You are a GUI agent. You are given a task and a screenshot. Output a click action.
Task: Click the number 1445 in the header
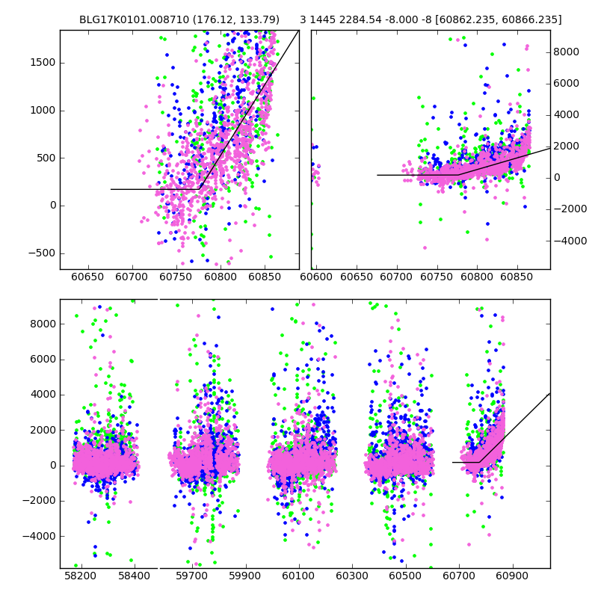(324, 19)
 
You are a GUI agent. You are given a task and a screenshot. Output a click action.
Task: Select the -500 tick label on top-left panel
(40, 253)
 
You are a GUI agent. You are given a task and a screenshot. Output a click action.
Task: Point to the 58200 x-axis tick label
(80, 577)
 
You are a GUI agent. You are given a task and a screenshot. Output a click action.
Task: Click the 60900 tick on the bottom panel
(513, 577)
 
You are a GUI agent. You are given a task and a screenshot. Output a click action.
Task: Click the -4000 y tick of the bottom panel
(39, 536)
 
